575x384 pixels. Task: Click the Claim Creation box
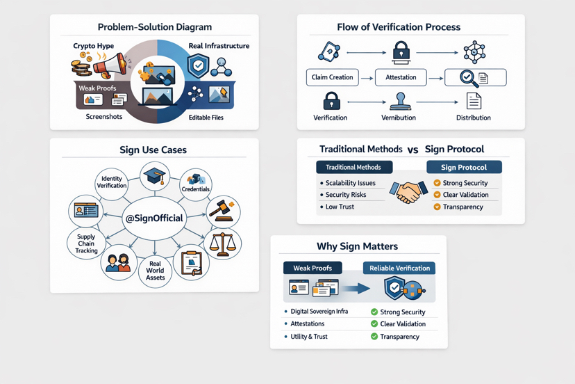tap(332, 77)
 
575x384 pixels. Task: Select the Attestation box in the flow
tap(401, 77)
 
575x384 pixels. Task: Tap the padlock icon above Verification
tap(331, 101)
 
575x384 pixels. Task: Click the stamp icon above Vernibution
tap(399, 102)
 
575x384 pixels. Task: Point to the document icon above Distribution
tap(474, 102)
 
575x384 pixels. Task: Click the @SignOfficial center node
tap(154, 218)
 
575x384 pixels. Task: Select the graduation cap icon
tap(154, 175)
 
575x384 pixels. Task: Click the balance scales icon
tap(222, 244)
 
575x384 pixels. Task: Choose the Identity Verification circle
tap(112, 182)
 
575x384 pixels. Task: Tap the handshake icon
tap(408, 192)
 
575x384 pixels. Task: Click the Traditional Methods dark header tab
tap(353, 167)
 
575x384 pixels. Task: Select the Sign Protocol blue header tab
tap(464, 167)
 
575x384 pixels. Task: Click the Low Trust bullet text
tap(340, 207)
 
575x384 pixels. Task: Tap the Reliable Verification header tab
tap(399, 268)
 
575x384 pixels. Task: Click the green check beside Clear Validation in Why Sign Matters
tap(374, 324)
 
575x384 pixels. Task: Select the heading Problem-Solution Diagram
tap(154, 27)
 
